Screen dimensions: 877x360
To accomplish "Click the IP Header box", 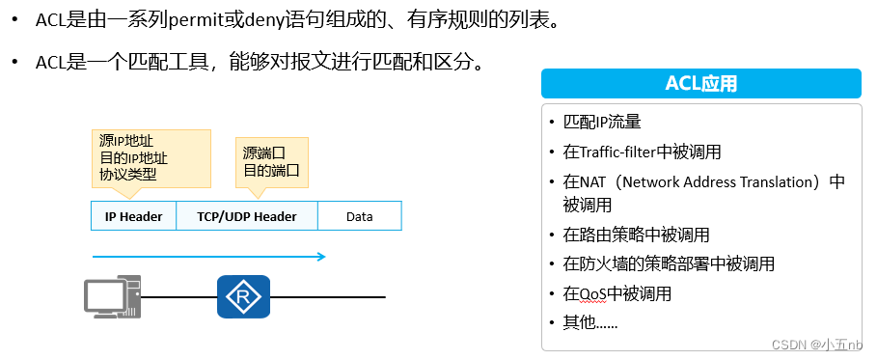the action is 133,216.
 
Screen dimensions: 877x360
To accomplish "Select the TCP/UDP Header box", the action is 247,216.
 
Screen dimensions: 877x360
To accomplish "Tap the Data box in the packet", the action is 359,216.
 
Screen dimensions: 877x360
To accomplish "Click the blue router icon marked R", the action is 243,296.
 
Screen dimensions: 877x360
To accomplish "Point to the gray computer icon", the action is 112,296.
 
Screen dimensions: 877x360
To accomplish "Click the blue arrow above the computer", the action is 208,257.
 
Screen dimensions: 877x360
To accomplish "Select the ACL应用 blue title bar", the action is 700,84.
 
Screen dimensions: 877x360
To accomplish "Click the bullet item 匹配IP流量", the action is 602,123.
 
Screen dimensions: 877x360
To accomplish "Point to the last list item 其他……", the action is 590,321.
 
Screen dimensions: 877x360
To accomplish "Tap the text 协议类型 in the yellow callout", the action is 127,175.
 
